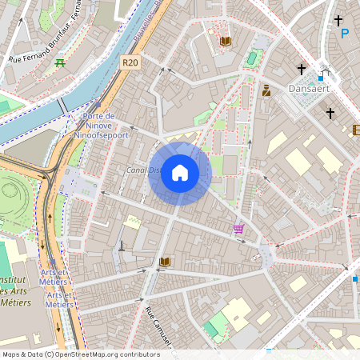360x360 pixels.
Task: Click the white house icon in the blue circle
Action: coord(179,173)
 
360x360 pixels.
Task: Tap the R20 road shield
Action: coord(130,62)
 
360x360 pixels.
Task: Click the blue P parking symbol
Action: coord(345,34)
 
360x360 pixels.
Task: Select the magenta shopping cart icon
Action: coord(238,229)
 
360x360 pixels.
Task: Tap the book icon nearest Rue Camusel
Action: coord(165,262)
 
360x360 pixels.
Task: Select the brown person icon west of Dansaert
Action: coord(266,90)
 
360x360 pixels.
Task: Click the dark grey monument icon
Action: coord(122,246)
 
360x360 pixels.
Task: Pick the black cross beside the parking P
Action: coord(338,20)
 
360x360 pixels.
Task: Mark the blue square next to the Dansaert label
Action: coord(321,78)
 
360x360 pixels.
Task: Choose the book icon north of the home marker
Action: coord(225,41)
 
